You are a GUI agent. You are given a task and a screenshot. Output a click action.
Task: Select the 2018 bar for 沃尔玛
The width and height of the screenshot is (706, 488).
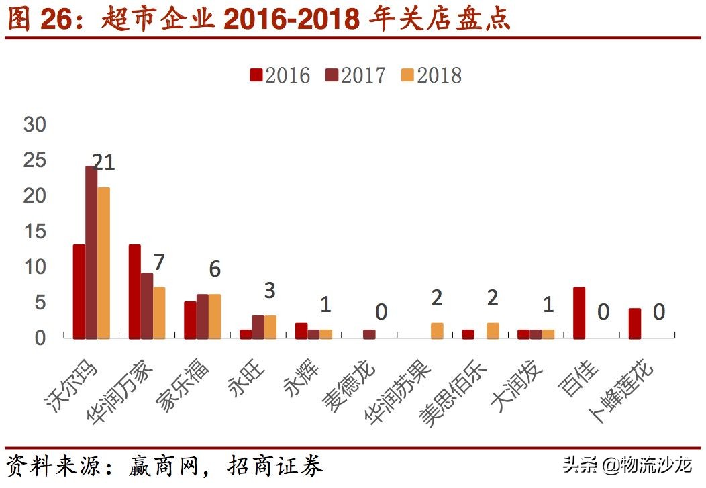click(x=103, y=262)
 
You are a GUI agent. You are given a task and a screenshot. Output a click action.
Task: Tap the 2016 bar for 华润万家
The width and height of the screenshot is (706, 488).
click(x=135, y=291)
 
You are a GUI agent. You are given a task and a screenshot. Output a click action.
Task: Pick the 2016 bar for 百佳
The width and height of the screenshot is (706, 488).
click(x=579, y=313)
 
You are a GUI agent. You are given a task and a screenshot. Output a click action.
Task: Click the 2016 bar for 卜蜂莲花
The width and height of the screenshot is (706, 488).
click(x=635, y=323)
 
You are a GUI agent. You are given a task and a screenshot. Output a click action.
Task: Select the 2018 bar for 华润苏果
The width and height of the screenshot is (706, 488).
click(x=437, y=330)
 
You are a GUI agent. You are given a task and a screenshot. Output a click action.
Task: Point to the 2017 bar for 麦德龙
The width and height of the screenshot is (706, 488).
click(x=369, y=334)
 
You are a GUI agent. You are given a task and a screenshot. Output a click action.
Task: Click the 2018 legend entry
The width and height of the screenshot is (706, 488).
click(x=432, y=75)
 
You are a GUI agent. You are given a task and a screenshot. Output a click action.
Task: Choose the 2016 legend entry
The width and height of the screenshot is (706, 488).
click(x=280, y=75)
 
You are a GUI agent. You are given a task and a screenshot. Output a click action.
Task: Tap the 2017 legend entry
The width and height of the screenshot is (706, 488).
click(x=356, y=75)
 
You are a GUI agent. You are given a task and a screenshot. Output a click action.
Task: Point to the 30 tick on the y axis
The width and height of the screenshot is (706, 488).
click(x=34, y=125)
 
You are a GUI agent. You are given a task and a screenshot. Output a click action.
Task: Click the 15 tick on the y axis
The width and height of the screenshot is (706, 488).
click(x=34, y=232)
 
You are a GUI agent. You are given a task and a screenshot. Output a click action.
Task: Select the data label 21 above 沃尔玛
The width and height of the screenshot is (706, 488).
click(x=103, y=162)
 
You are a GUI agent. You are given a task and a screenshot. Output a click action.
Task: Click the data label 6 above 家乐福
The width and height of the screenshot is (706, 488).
click(x=214, y=269)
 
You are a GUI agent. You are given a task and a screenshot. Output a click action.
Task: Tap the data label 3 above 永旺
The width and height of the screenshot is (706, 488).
click(x=269, y=291)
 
